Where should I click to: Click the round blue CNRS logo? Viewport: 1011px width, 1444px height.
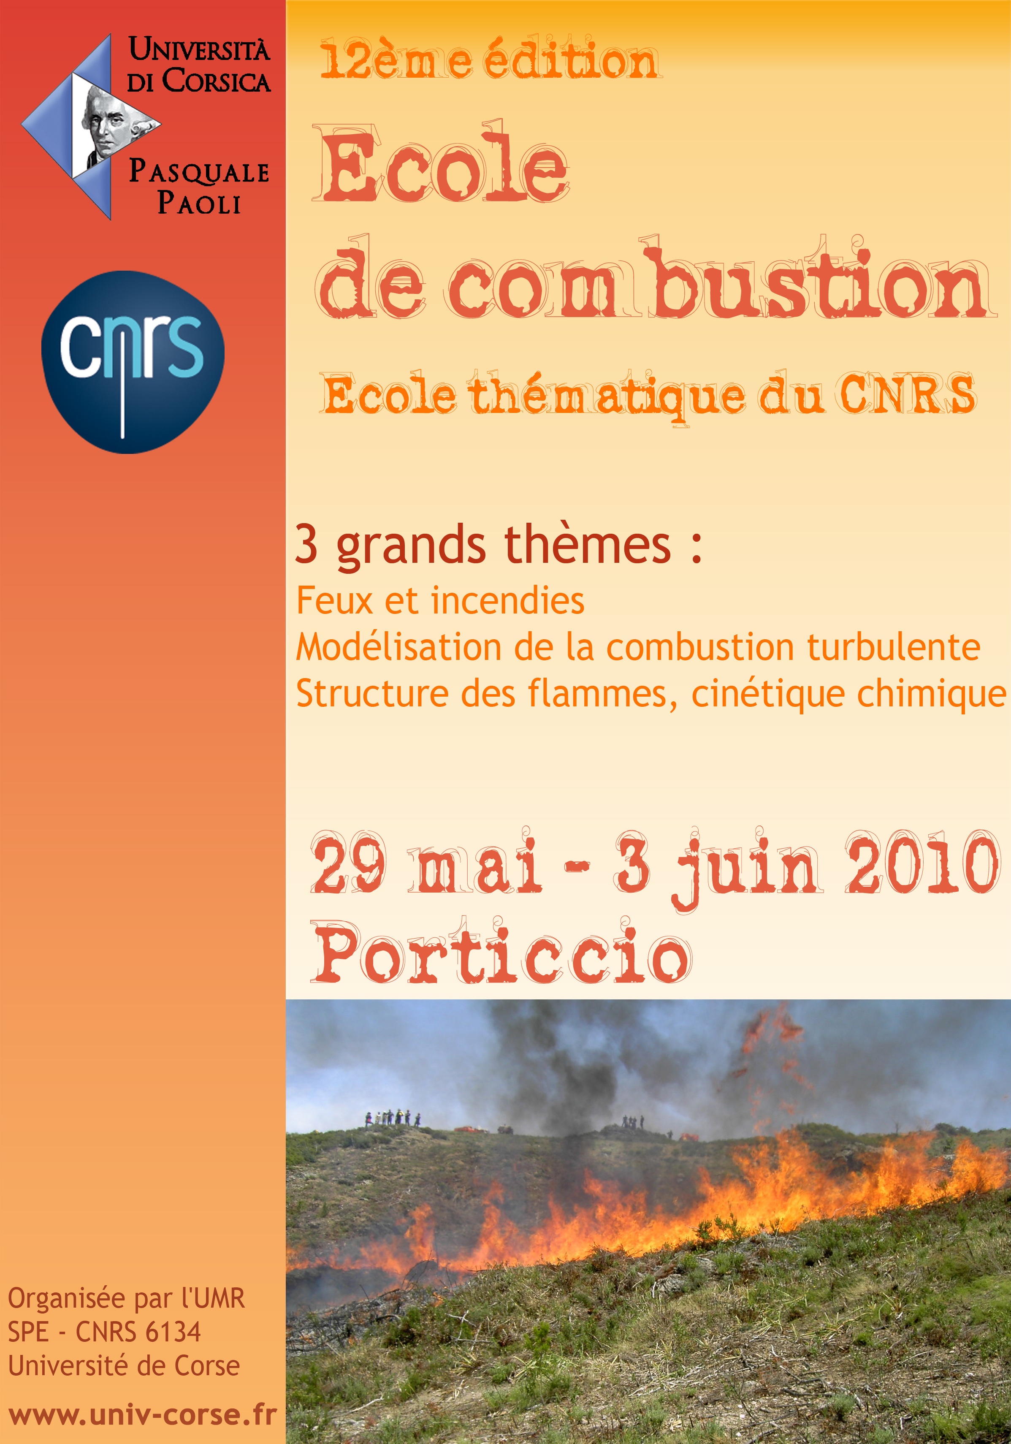(133, 362)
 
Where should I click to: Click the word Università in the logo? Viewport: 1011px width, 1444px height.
(199, 50)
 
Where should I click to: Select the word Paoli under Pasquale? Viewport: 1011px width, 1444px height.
(199, 203)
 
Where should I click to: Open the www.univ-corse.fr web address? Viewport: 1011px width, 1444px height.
(143, 1415)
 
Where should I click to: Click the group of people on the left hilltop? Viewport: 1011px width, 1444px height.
(392, 1118)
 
